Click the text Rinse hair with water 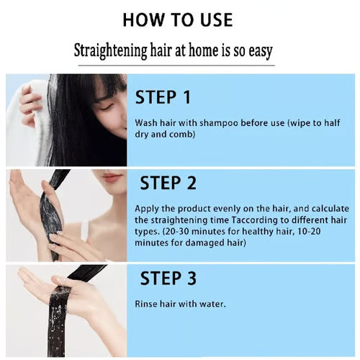click(180, 304)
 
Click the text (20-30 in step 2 click(178, 232)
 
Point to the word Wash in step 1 click(145, 122)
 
